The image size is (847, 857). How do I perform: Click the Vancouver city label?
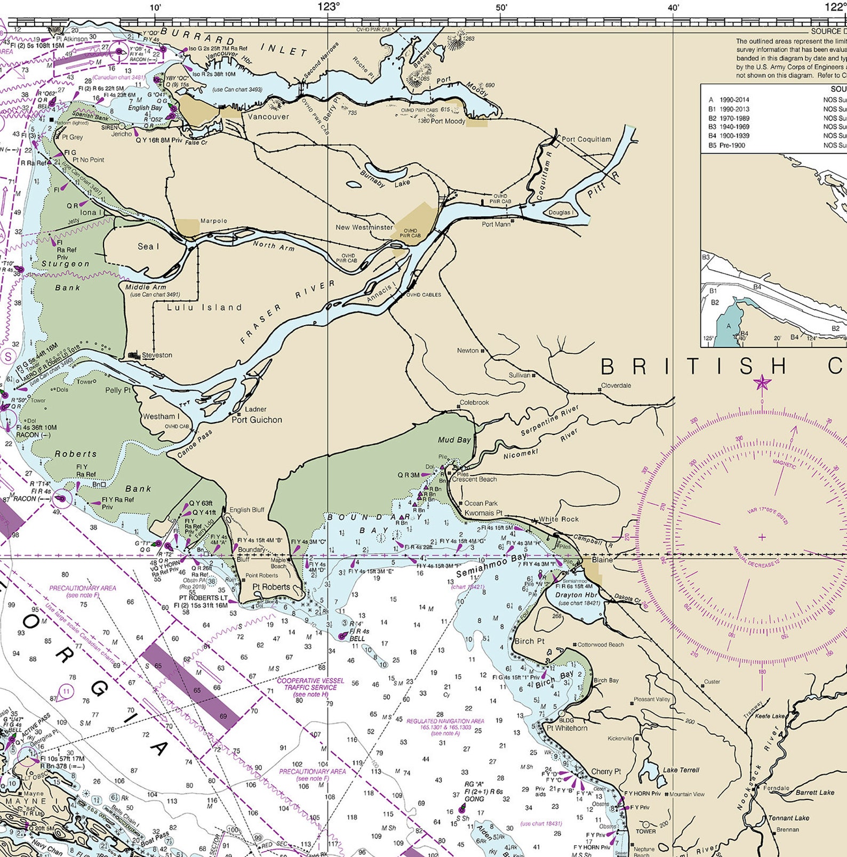coord(268,117)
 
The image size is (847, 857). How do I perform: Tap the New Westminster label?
coord(364,227)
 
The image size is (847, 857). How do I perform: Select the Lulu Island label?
coord(204,308)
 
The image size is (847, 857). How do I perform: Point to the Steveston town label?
coord(157,355)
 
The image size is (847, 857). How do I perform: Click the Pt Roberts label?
coord(271,587)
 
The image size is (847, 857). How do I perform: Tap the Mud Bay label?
coord(454,440)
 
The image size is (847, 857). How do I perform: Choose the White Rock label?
coord(558,519)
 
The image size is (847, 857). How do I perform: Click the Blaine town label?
coord(602,560)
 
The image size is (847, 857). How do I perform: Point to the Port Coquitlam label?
coord(586,140)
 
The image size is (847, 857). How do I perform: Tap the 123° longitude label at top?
coord(329,6)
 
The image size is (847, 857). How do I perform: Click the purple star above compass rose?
coord(762,382)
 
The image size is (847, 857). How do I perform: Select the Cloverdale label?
coord(616,385)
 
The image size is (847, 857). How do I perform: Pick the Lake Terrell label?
coord(681,770)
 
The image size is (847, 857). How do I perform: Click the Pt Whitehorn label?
coord(567,728)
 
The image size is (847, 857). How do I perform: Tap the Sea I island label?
coord(148,246)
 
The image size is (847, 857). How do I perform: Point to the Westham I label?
coord(161,416)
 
